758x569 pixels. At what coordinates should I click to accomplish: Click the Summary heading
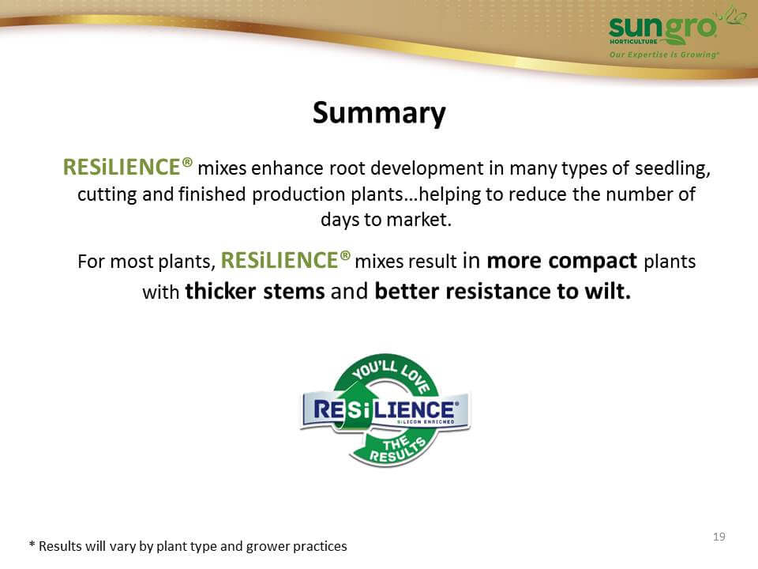[379, 114]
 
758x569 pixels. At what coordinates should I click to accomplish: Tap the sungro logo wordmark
[662, 28]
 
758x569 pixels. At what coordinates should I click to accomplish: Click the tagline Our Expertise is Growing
[664, 55]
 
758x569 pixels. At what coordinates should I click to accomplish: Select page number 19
[719, 537]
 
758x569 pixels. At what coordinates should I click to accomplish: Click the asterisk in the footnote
[32, 545]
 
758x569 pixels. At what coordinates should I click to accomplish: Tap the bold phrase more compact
[561, 262]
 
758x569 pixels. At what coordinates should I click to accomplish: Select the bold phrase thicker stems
[255, 292]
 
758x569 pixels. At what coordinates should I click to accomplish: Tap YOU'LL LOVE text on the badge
[391, 375]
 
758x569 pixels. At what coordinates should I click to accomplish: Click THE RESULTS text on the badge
[397, 449]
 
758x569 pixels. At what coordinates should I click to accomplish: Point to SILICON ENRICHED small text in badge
[426, 422]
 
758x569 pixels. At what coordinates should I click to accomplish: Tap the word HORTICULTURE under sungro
[633, 42]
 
